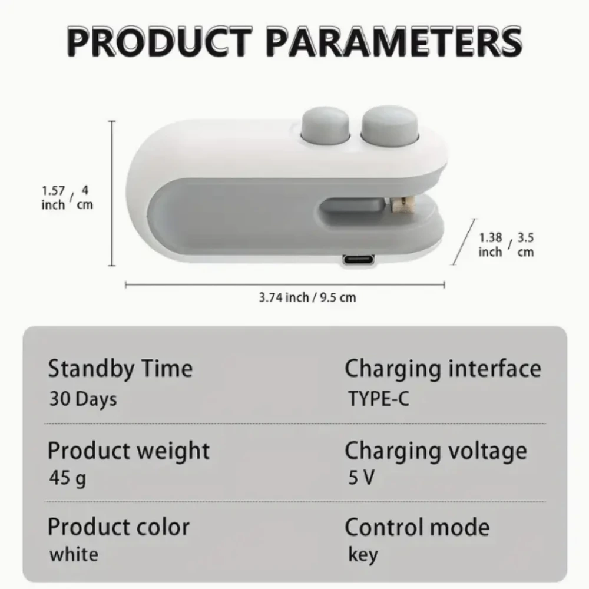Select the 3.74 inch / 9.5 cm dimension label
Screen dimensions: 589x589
(307, 297)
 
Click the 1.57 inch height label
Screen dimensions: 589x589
(54, 198)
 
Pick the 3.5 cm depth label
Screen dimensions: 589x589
(525, 244)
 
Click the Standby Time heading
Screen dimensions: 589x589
(120, 369)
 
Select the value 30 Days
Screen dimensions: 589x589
(83, 399)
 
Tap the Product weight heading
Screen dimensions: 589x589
(128, 451)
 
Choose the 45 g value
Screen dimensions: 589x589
(67, 478)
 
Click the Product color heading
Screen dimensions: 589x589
(118, 527)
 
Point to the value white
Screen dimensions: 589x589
(74, 554)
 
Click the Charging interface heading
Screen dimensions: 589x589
(442, 369)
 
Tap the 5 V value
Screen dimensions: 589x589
(361, 478)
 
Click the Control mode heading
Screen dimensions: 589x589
(417, 527)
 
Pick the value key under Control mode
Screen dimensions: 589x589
(363, 555)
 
